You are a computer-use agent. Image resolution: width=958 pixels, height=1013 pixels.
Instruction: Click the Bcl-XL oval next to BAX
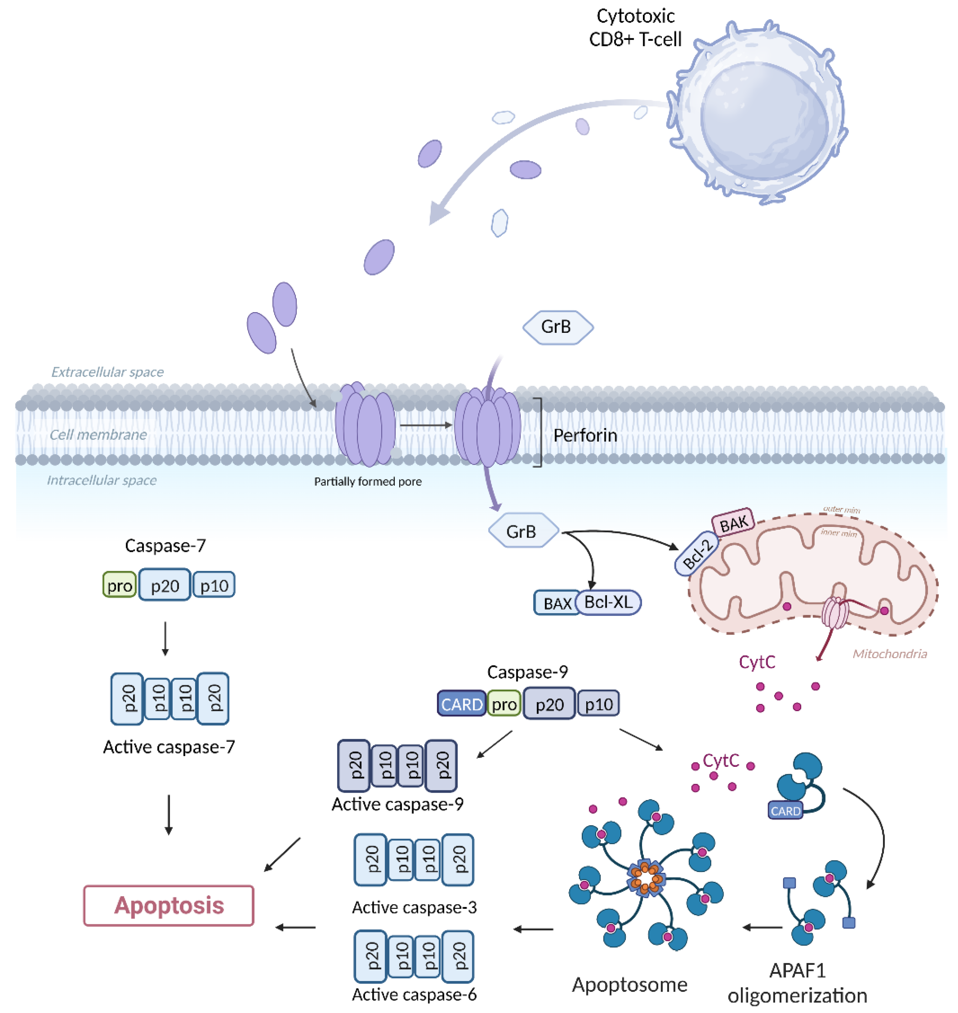pyautogui.click(x=608, y=602)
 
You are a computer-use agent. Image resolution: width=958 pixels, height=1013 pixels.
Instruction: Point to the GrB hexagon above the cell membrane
pyautogui.click(x=558, y=327)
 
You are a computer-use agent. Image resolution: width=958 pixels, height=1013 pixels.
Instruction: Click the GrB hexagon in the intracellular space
pyautogui.click(x=522, y=531)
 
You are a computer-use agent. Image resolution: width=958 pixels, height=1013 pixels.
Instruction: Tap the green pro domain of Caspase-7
pyautogui.click(x=120, y=585)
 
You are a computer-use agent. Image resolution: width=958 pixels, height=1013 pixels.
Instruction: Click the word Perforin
pyautogui.click(x=585, y=436)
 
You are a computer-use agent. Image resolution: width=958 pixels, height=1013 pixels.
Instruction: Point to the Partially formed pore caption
pyautogui.click(x=368, y=481)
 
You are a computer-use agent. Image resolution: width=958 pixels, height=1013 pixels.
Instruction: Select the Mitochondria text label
pyautogui.click(x=889, y=653)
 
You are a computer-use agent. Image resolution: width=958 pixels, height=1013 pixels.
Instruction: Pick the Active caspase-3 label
pyautogui.click(x=414, y=907)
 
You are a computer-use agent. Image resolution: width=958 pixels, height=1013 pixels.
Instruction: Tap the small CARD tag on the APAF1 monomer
pyautogui.click(x=785, y=811)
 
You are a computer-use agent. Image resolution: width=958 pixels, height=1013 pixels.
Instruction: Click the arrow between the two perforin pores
pyautogui.click(x=425, y=425)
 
